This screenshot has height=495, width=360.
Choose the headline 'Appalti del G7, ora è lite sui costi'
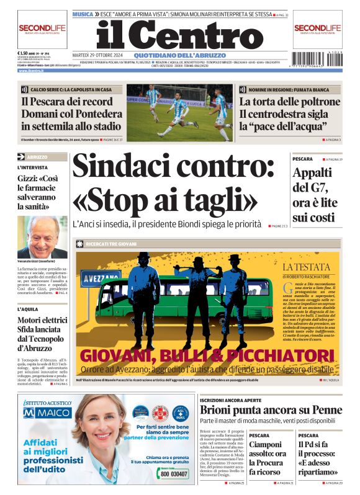[x=315, y=195]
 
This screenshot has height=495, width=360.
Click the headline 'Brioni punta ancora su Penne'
[x=271, y=410]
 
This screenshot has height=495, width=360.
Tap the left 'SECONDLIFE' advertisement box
[x=42, y=29]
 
